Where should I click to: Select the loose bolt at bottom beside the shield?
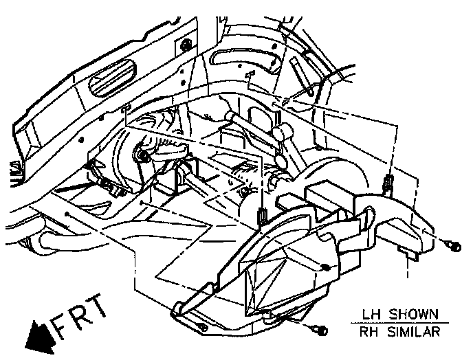(x=320, y=331)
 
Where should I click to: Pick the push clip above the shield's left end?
(x=263, y=216)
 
